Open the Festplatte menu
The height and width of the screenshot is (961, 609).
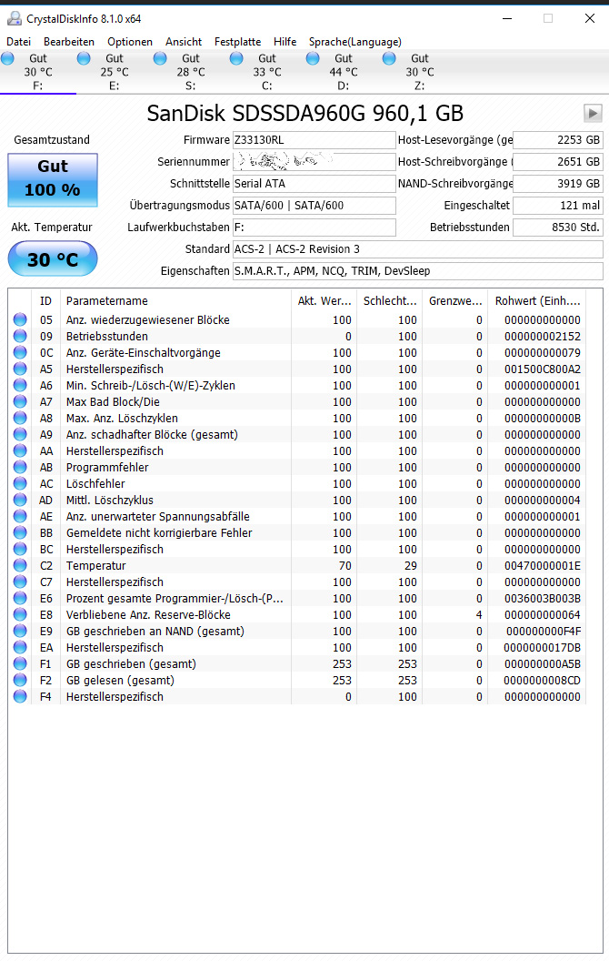pos(237,42)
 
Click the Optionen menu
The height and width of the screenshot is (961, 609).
pos(130,42)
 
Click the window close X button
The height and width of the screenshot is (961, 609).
pos(589,18)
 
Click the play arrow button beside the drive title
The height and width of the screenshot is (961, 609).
pos(593,113)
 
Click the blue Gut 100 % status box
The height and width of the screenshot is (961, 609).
pos(53,179)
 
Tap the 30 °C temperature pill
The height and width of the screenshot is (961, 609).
pos(53,259)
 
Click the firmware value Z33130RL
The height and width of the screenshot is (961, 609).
pos(314,140)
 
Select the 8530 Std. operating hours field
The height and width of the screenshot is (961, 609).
pos(558,228)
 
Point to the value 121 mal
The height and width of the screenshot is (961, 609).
pos(558,206)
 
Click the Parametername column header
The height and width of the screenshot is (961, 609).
pos(107,301)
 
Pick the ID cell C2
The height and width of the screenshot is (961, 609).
pos(46,566)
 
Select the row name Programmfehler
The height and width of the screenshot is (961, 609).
pos(107,468)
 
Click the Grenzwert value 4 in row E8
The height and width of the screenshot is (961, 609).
pos(479,615)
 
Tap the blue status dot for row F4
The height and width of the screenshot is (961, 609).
pos(20,697)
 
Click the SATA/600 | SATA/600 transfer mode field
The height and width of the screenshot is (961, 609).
pos(314,206)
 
